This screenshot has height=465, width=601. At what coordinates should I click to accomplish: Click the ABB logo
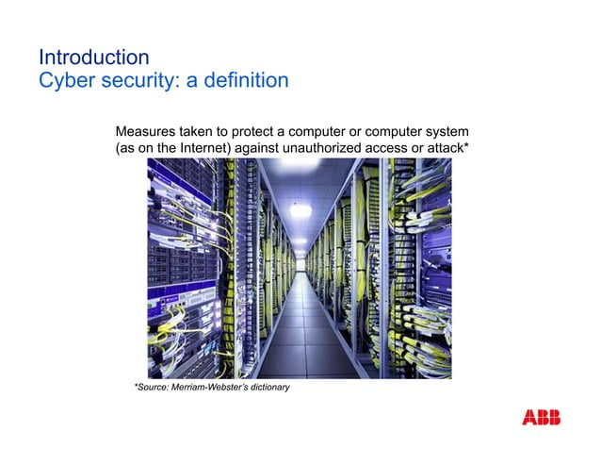[x=541, y=418]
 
